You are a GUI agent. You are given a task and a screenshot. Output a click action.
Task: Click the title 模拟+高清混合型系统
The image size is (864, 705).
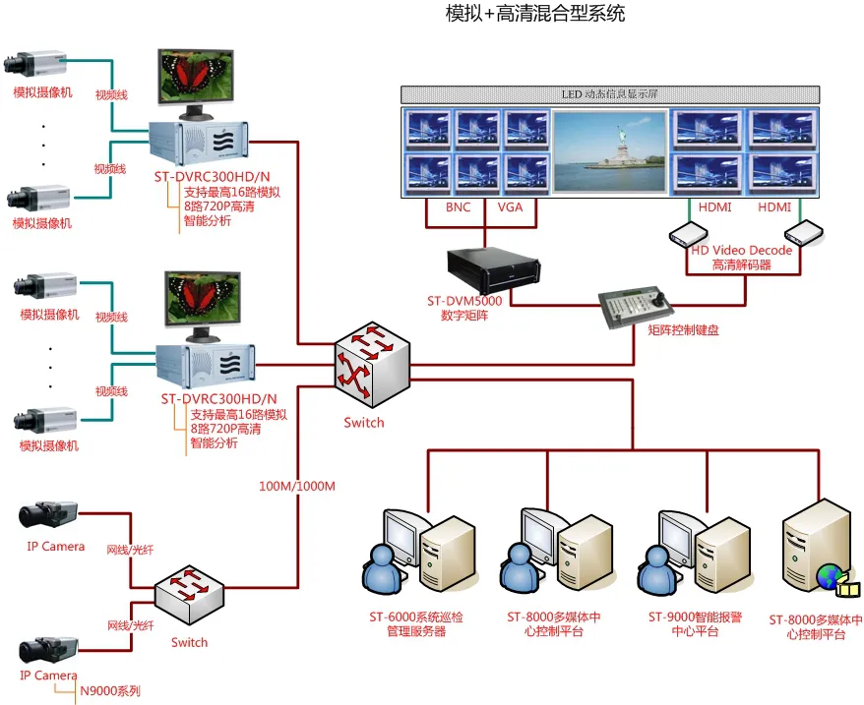click(x=534, y=14)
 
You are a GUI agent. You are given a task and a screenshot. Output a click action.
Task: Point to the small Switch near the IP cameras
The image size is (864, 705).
click(x=190, y=600)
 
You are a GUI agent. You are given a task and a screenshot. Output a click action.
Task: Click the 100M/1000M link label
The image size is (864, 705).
click(x=297, y=487)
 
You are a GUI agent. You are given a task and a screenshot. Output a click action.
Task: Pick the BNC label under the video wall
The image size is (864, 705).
click(x=459, y=207)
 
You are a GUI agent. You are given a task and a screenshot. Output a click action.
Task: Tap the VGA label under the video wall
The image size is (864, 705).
click(x=510, y=207)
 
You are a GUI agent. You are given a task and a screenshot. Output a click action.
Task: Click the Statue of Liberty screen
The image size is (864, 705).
click(x=610, y=150)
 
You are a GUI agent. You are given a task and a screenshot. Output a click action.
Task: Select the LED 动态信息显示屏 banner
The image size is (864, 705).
click(x=610, y=93)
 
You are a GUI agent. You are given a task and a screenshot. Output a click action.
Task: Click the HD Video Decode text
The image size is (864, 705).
click(x=741, y=251)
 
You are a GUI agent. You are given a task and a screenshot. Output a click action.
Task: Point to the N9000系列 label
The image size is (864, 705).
click(x=109, y=691)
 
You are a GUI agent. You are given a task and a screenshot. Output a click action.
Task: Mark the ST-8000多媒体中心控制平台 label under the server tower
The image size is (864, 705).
click(x=816, y=627)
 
